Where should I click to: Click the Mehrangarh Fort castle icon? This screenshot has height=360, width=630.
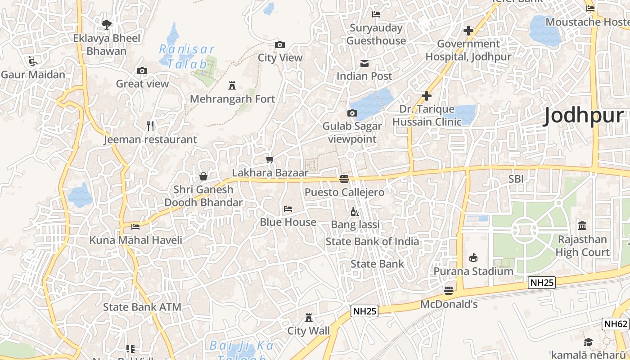[x=232, y=85]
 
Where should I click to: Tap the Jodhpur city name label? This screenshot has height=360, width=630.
[x=584, y=116]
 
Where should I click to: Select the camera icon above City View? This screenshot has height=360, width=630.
[x=280, y=45]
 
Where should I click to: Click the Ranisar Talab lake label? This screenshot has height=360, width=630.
[x=187, y=56]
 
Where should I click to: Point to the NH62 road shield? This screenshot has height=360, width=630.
[x=615, y=324]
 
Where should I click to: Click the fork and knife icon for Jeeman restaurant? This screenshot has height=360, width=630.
[x=151, y=126]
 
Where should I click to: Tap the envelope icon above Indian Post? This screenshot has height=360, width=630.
[x=364, y=63]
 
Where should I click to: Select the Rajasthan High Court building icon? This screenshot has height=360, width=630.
[x=582, y=225]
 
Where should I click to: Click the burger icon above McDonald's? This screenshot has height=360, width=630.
[x=449, y=291]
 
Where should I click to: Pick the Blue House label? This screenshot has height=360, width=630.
[x=288, y=222]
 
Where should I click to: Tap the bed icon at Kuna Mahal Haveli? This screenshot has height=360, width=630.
[x=135, y=226]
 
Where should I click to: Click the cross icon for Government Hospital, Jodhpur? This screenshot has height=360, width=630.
[x=468, y=31]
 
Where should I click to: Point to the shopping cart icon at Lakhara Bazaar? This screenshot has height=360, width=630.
[x=270, y=159]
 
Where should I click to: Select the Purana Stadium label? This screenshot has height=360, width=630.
[x=473, y=271]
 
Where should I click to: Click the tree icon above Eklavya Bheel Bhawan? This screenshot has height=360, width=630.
[x=107, y=24]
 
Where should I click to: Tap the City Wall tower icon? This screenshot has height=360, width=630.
[x=309, y=318]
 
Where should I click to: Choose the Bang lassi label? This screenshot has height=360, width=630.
[x=355, y=224]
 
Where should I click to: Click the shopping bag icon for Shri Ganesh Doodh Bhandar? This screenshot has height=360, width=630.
[x=203, y=176]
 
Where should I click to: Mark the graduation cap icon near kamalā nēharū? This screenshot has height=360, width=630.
[x=588, y=342]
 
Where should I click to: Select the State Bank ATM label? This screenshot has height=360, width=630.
[x=142, y=307]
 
